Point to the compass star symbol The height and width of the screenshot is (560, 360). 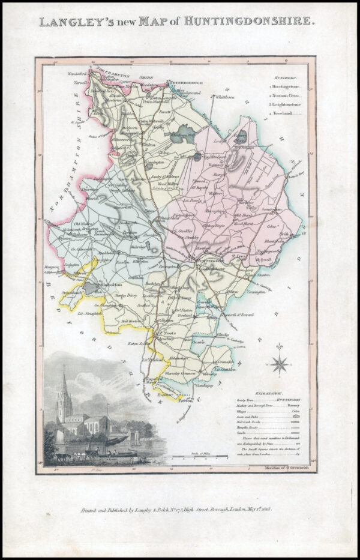click(280, 363)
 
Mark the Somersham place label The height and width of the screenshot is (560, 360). click(269, 209)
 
